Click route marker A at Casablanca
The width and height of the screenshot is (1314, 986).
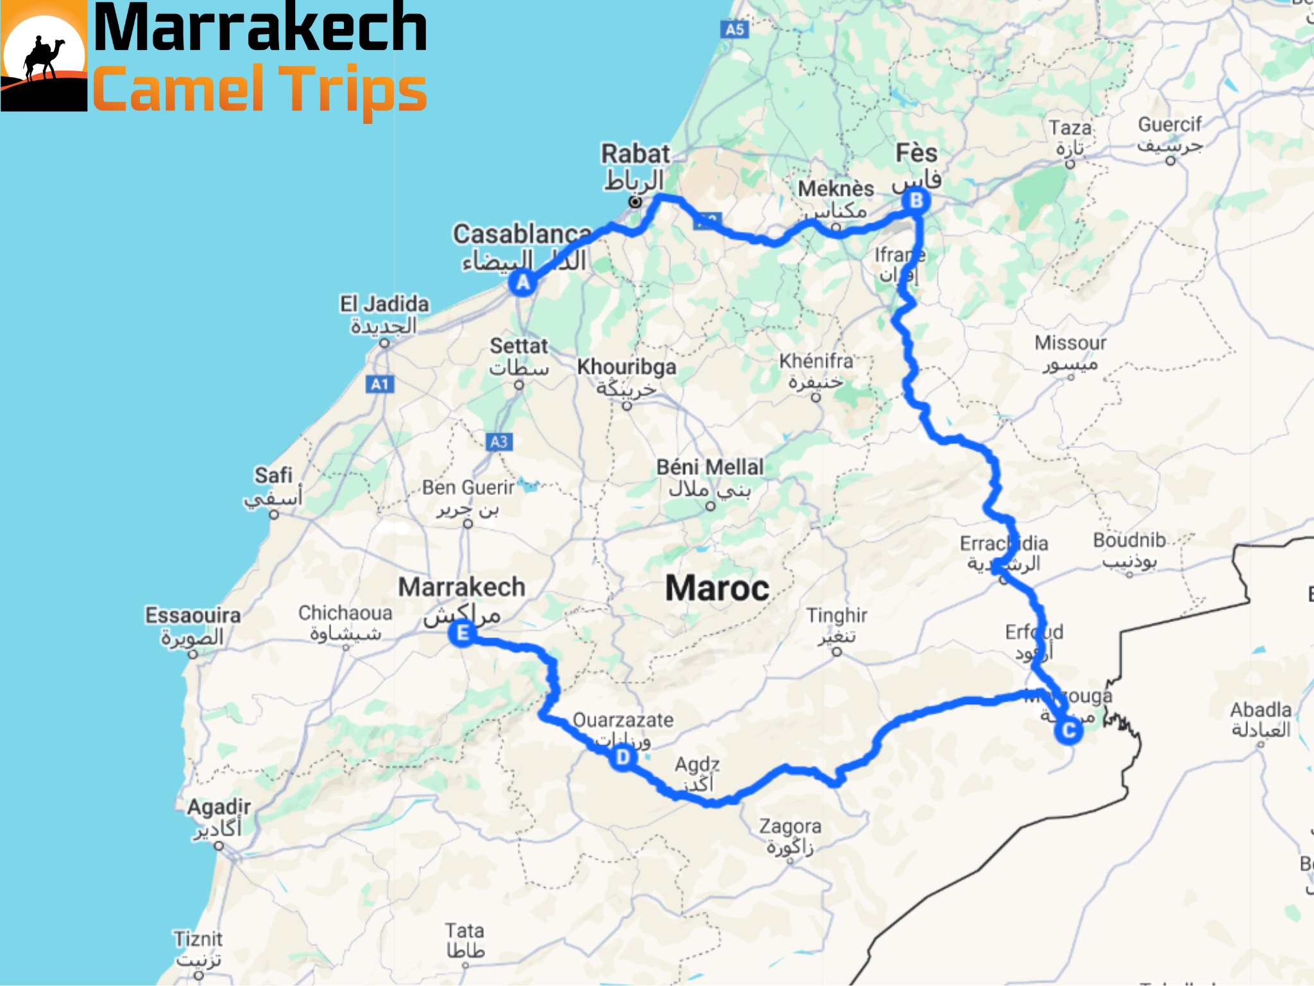[523, 282]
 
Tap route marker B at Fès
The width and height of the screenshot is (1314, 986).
[916, 200]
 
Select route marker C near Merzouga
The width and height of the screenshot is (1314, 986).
[1068, 731]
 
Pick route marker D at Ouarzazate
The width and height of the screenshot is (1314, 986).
[622, 758]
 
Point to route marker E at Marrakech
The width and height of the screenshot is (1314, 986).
[462, 634]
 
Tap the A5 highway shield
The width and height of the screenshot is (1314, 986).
[735, 29]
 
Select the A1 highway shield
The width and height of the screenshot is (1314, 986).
[380, 385]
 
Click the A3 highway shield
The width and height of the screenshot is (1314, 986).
[499, 442]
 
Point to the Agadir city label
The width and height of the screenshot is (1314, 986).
[219, 807]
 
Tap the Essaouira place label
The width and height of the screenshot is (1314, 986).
[192, 615]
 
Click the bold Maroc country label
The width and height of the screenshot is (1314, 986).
[717, 589]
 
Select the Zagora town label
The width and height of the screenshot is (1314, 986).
[790, 826]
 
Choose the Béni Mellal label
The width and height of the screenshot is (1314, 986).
[710, 467]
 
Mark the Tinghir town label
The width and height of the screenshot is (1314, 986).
[837, 616]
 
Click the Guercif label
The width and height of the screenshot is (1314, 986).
[1169, 125]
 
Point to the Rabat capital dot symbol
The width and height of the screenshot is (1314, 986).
[635, 202]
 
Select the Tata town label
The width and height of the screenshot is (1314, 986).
[465, 931]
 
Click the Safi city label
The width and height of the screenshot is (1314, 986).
[273, 476]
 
